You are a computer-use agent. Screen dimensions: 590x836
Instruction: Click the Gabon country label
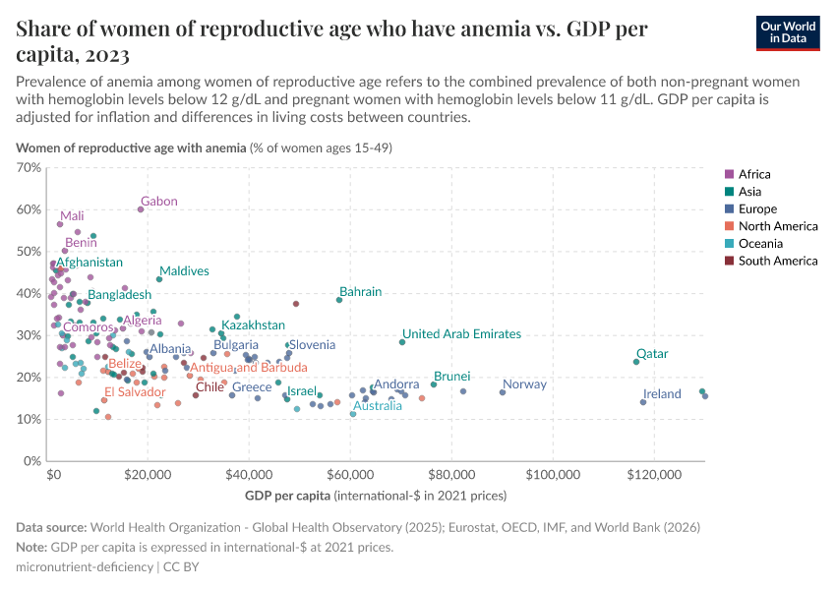[158, 202]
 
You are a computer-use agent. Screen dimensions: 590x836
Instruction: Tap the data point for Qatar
[636, 362]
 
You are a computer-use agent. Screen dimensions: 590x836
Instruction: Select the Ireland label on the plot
[662, 394]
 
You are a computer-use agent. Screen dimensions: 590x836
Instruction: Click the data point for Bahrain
[339, 299]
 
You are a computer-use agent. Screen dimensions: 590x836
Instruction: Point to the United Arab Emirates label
[461, 334]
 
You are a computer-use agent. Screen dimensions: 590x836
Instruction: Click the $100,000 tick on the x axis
[553, 474]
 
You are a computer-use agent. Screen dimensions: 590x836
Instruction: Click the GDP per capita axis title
[287, 495]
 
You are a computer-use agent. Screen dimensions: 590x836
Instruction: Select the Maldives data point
[159, 279]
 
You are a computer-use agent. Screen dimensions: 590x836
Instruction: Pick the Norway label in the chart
[524, 384]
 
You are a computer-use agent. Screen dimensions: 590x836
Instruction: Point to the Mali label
[72, 216]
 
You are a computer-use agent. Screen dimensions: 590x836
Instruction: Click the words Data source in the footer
[52, 528]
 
